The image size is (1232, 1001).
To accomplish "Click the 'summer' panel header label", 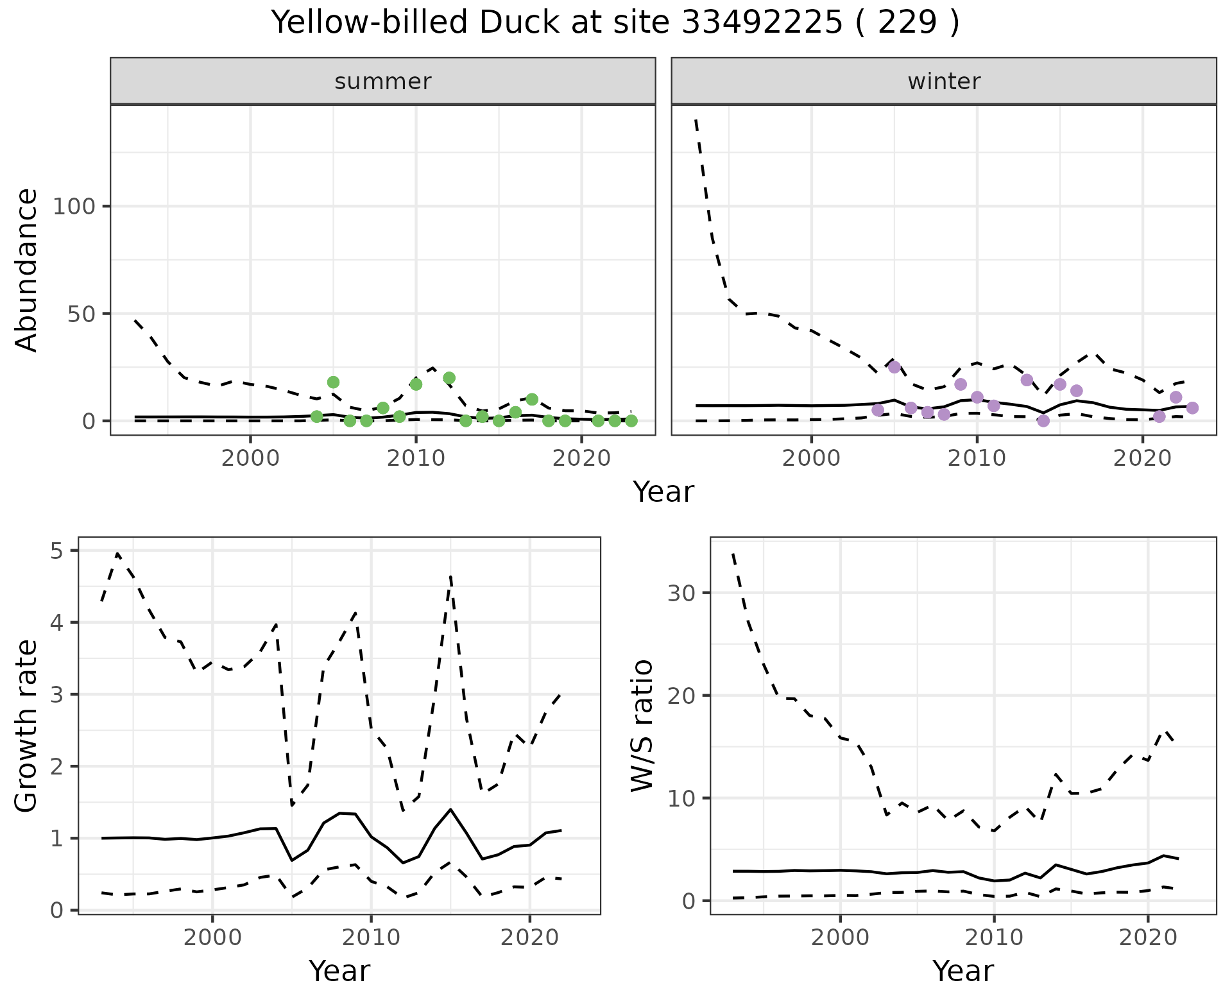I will click(x=383, y=81).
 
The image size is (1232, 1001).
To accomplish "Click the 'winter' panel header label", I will click(x=944, y=81).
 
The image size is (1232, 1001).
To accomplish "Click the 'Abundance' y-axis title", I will click(x=27, y=270).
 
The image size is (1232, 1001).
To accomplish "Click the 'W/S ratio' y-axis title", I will click(x=642, y=726).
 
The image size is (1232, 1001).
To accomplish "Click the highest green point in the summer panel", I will click(x=449, y=378).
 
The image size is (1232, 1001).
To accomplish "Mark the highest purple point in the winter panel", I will click(x=894, y=367).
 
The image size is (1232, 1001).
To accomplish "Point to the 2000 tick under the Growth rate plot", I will click(x=212, y=937).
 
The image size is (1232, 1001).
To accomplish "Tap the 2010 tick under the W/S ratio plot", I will click(x=993, y=937).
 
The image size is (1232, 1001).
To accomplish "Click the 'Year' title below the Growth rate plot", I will click(x=339, y=971).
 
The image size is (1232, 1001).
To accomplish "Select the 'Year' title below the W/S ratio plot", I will click(x=963, y=971).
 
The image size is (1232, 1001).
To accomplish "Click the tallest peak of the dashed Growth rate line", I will click(x=117, y=553).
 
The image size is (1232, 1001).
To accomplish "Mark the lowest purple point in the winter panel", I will click(x=1043, y=421).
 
